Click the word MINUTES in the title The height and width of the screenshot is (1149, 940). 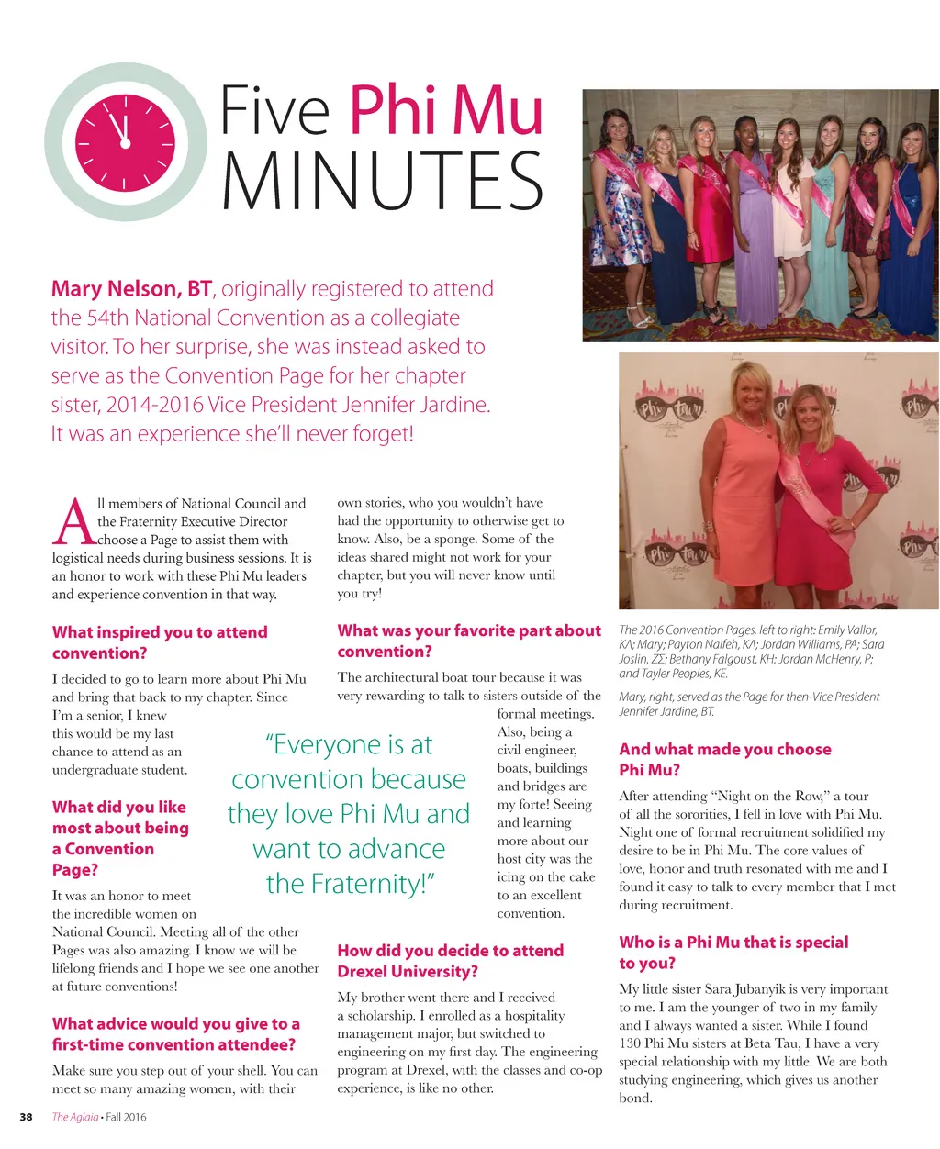(x=383, y=180)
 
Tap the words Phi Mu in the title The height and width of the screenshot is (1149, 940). (x=446, y=111)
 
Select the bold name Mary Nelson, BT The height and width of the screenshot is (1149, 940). (x=131, y=289)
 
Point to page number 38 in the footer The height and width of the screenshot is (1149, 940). (x=27, y=1117)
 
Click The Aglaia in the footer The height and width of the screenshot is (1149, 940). (x=73, y=1117)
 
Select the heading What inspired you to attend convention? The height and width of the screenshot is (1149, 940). (x=159, y=642)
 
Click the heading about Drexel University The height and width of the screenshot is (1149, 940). (x=450, y=961)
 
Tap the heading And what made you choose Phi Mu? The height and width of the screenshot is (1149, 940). (x=724, y=759)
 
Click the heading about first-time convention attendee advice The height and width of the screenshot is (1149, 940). (x=175, y=1034)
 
